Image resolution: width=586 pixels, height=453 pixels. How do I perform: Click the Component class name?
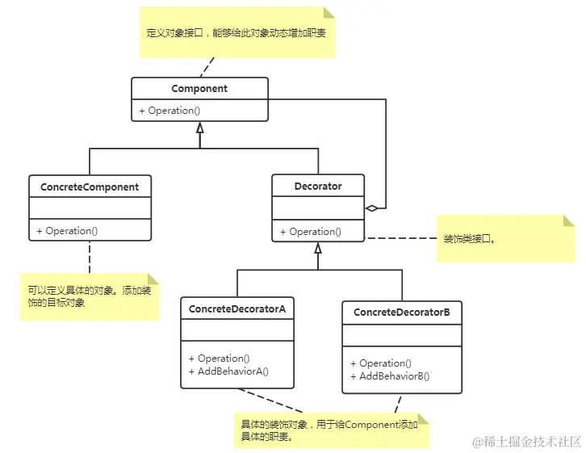point(199,89)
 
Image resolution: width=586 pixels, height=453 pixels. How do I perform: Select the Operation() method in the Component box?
point(169,111)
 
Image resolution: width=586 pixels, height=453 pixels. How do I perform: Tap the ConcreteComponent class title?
point(90,187)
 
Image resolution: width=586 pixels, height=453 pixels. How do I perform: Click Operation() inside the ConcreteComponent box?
point(67,231)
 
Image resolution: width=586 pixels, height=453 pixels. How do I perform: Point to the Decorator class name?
point(318,186)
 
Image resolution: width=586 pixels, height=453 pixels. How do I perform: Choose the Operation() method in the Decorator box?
point(311,232)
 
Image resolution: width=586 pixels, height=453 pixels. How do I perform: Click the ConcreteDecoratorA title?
point(236,308)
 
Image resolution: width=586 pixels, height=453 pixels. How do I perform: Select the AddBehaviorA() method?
point(228,371)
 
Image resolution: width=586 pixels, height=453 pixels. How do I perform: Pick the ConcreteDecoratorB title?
point(402,312)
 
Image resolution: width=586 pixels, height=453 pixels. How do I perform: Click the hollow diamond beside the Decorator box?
point(371,208)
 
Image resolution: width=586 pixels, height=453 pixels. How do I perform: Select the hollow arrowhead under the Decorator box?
point(318,247)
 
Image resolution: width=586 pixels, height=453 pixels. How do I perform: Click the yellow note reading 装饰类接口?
point(505,239)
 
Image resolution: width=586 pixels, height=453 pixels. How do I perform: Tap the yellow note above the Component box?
point(236,34)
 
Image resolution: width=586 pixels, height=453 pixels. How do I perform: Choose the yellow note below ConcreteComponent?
point(90,296)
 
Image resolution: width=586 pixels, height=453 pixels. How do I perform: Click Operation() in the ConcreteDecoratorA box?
point(219,359)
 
